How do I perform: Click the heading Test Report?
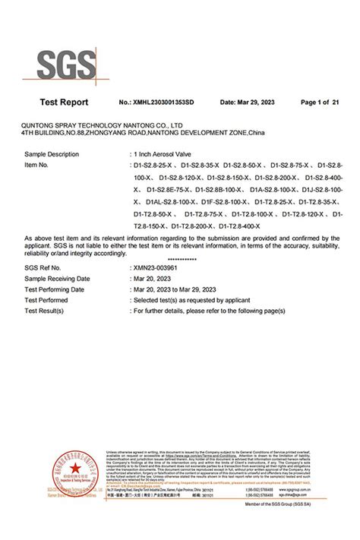(64, 103)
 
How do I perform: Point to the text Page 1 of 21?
(320, 103)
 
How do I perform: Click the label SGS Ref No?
(43, 269)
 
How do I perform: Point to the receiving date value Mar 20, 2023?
(153, 279)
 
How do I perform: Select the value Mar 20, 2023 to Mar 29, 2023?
(181, 289)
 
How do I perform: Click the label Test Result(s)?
(48, 310)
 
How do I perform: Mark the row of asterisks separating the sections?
(179, 260)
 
